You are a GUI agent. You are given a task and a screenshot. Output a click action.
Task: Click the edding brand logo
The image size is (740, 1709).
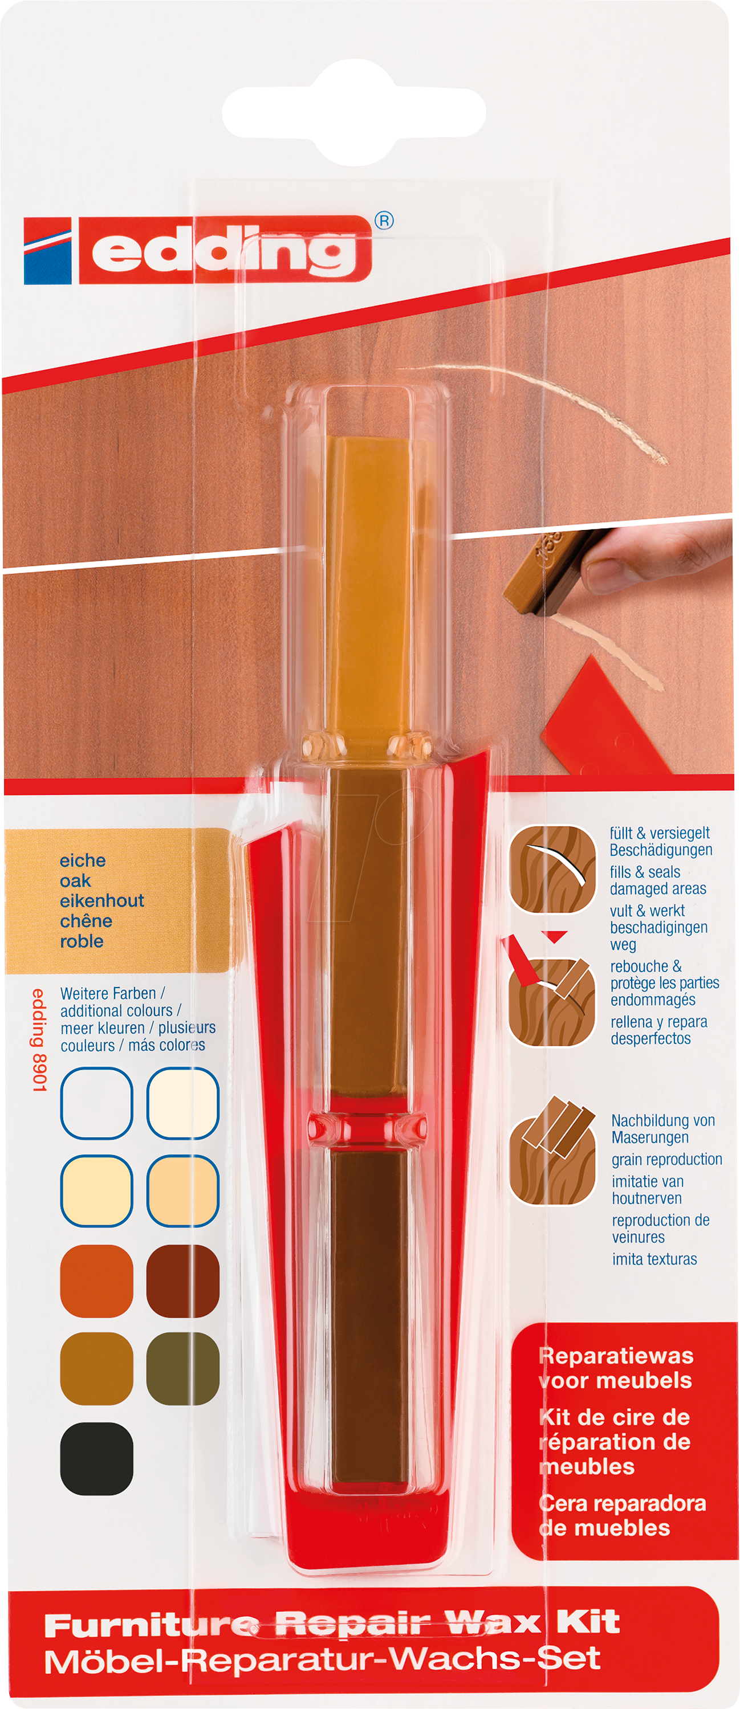(197, 251)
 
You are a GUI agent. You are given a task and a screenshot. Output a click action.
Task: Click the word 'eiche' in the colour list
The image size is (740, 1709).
(83, 860)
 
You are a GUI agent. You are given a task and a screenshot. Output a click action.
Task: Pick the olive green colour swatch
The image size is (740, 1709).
(182, 1368)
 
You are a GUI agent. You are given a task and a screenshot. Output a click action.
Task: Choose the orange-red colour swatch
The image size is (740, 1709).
(97, 1280)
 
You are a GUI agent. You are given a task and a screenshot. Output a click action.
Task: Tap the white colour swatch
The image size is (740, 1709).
(97, 1103)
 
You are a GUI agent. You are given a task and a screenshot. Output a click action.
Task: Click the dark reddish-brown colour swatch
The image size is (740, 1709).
(182, 1280)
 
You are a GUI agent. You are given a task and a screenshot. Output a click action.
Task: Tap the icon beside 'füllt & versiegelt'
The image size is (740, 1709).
(553, 869)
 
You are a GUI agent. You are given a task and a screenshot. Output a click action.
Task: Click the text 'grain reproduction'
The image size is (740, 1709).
(667, 1160)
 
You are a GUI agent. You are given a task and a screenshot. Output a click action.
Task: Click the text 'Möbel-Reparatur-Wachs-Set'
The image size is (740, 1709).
(323, 1660)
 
